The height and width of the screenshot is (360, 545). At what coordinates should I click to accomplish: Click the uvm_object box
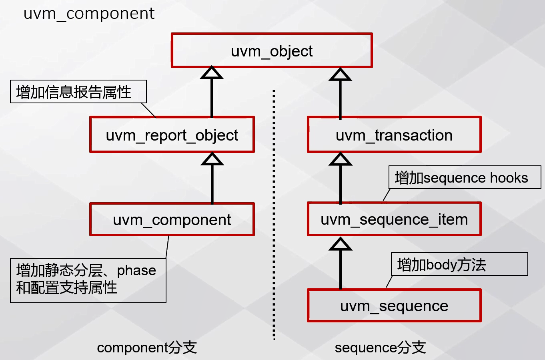tap(272, 50)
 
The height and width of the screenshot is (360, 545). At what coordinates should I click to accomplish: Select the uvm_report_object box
tap(172, 135)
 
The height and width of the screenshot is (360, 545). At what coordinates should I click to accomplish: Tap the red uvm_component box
tap(172, 219)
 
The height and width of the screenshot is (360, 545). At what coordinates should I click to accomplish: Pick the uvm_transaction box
tap(394, 135)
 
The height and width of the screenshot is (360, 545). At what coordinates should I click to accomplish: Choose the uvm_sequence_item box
tap(394, 219)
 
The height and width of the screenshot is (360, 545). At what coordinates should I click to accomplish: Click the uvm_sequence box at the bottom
tap(394, 306)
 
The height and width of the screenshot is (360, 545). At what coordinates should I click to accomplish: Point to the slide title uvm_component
tap(89, 14)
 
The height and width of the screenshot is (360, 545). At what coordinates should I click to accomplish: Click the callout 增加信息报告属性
tap(78, 92)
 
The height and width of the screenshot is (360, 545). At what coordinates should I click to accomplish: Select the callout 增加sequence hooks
tap(464, 177)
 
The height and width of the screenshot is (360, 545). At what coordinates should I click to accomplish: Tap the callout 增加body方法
tap(459, 264)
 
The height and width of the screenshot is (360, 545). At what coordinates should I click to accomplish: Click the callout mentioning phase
tap(88, 280)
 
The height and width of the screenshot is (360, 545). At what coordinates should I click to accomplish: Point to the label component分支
tap(147, 347)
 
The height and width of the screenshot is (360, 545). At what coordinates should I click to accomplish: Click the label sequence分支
tap(380, 347)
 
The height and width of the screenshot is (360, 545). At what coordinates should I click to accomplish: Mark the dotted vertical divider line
tap(274, 216)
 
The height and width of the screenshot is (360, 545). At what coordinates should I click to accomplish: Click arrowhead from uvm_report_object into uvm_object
tap(212, 73)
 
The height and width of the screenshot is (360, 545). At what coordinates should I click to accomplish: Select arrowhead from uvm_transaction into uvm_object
tap(340, 74)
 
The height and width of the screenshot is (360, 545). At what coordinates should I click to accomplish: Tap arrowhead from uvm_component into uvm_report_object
tap(212, 159)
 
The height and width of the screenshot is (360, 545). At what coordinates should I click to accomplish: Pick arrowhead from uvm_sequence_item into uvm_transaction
tap(340, 159)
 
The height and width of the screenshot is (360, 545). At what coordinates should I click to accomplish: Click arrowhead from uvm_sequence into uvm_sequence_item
tap(340, 244)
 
